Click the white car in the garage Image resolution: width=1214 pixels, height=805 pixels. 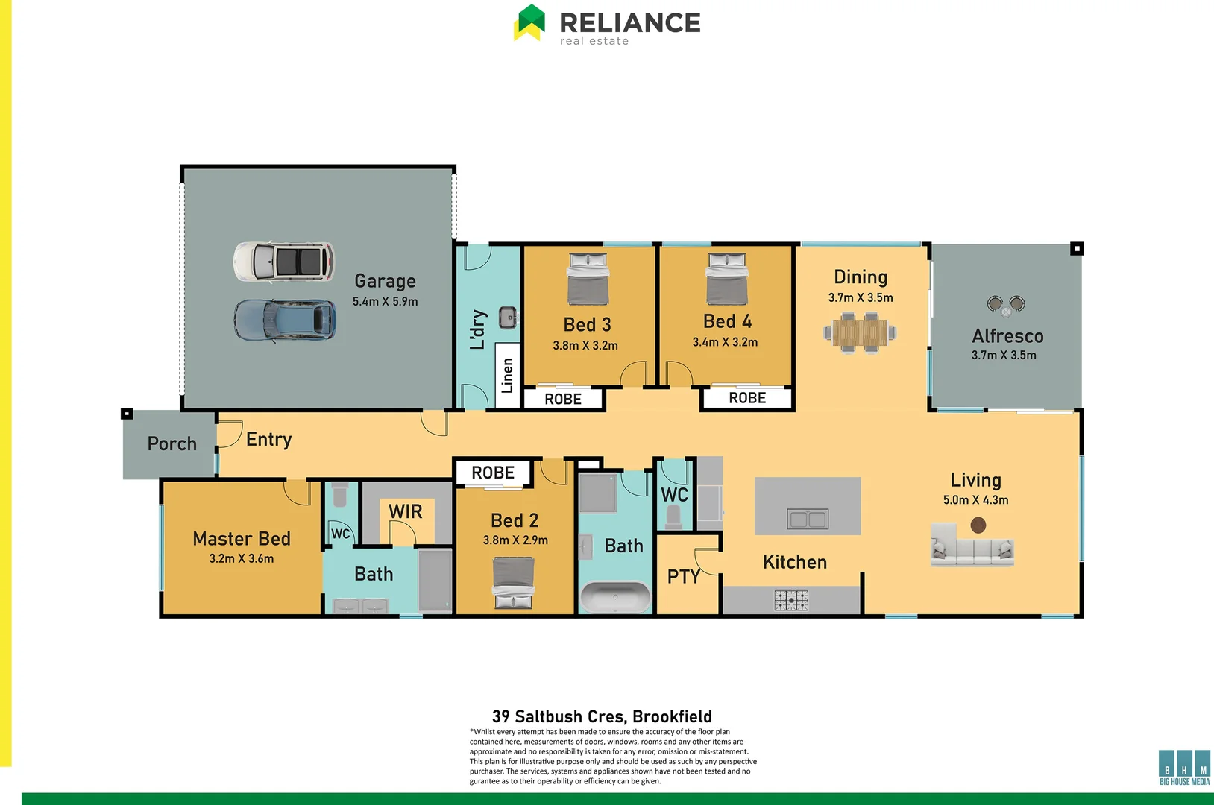[x=283, y=262]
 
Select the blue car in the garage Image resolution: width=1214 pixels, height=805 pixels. [x=285, y=320]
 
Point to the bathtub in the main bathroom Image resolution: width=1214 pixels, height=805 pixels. [x=615, y=597]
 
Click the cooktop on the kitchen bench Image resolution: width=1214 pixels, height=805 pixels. [x=790, y=600]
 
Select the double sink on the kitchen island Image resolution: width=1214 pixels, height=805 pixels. [x=808, y=519]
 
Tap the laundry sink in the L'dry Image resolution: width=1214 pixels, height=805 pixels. [x=508, y=318]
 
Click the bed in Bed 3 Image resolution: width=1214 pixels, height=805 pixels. [x=588, y=279]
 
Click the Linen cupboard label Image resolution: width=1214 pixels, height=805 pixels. [x=508, y=376]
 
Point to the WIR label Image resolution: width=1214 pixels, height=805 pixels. [x=405, y=512]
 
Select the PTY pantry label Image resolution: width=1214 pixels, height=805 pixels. [x=683, y=576]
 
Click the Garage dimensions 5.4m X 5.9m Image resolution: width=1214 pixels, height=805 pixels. [x=385, y=302]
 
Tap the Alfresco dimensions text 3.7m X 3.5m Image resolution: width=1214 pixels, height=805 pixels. [x=1003, y=356]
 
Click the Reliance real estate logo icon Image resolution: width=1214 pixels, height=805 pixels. [x=530, y=22]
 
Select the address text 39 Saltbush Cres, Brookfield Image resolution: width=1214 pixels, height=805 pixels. [x=602, y=716]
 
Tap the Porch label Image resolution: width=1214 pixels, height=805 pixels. [x=172, y=444]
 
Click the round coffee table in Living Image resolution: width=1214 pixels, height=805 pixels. [x=978, y=525]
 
